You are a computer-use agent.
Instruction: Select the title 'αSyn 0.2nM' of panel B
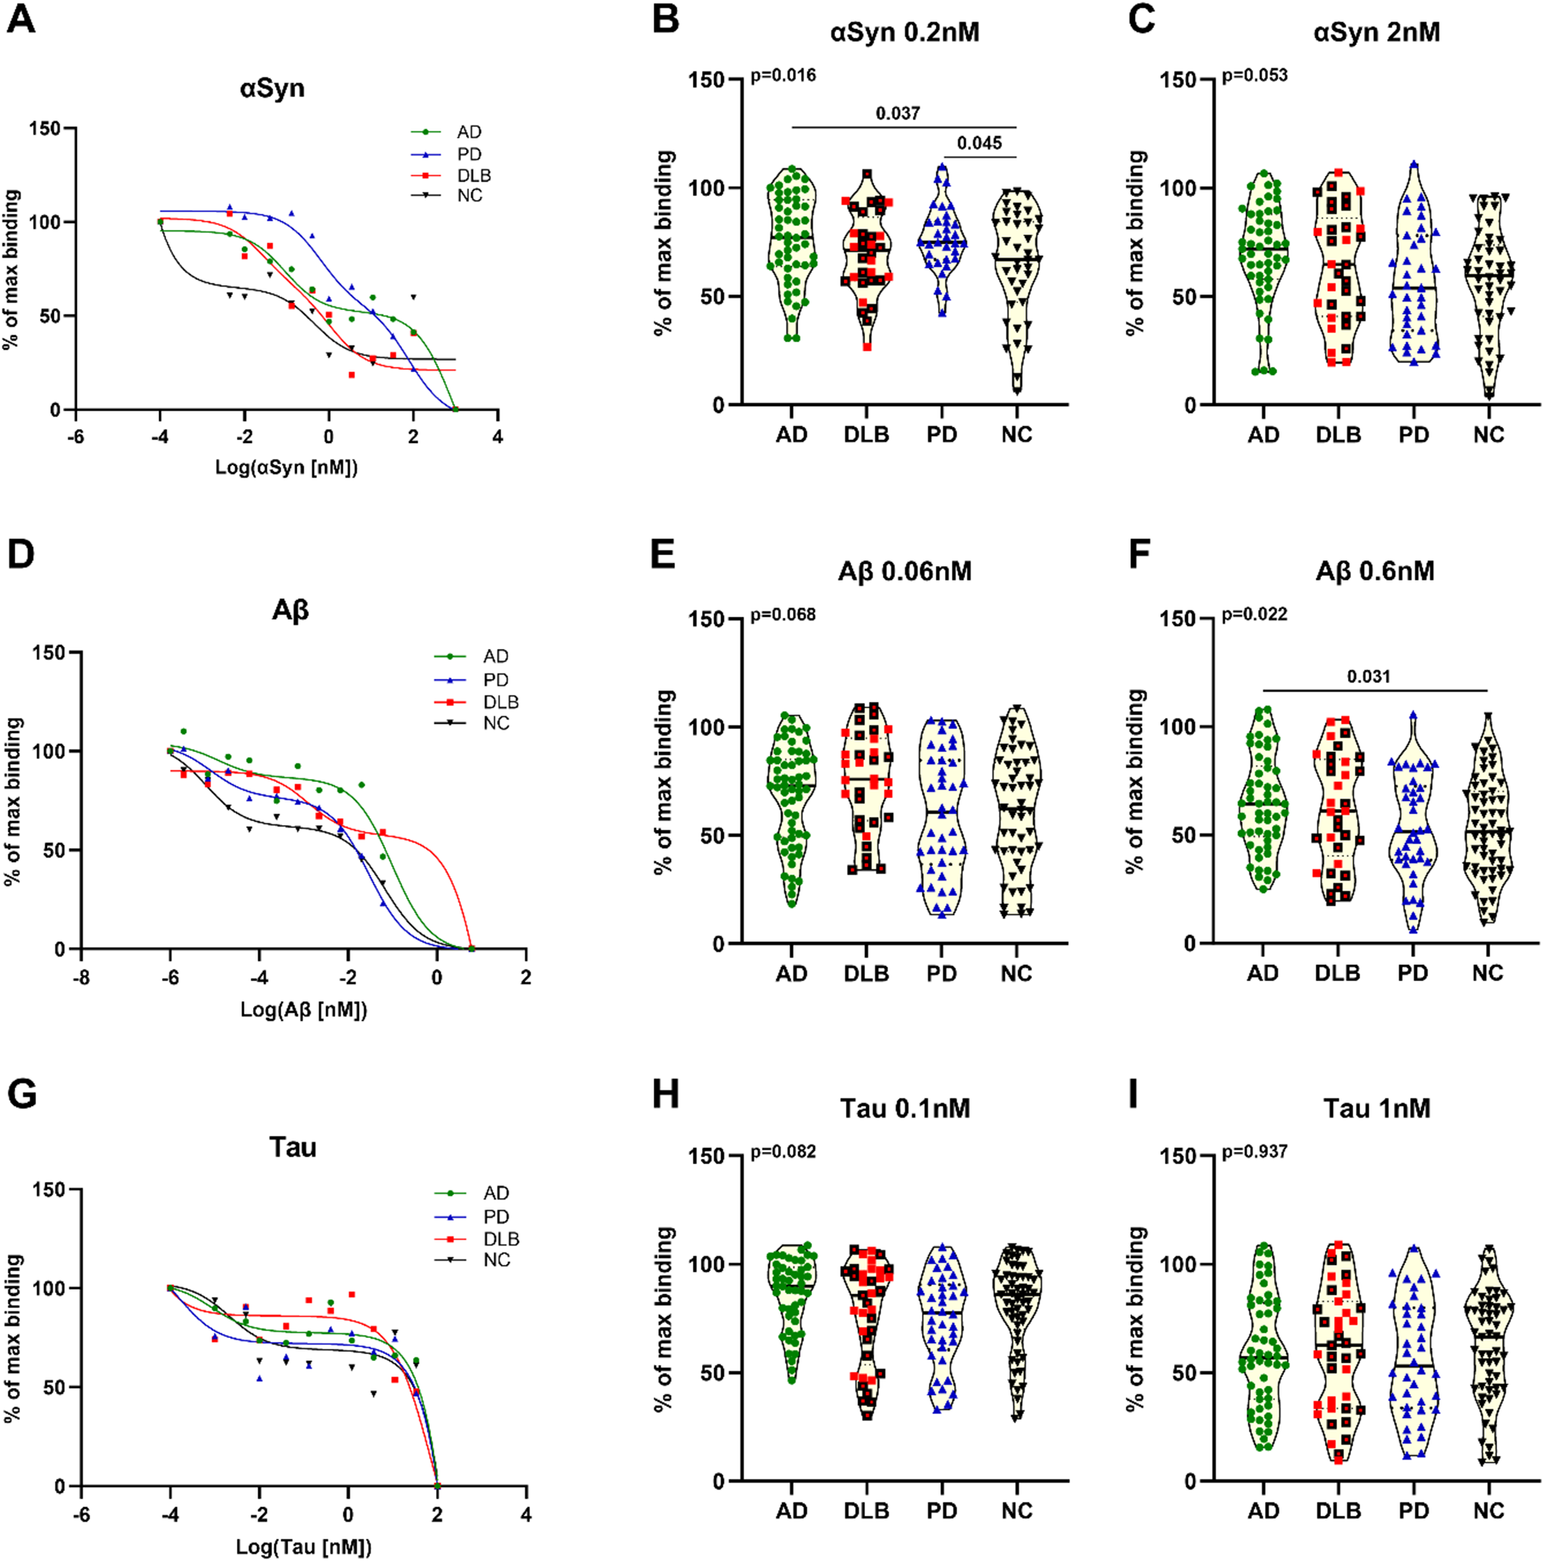[x=904, y=32]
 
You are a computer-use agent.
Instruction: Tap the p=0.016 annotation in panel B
[x=783, y=76]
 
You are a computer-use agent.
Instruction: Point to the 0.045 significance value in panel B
[x=980, y=143]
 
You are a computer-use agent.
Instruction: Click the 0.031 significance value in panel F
[x=1369, y=676]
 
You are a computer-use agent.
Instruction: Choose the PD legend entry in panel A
[x=468, y=155]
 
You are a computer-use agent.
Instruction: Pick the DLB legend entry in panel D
[x=500, y=702]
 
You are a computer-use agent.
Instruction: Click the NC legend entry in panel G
[x=496, y=1260]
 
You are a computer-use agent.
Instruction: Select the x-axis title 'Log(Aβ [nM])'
[x=304, y=1008]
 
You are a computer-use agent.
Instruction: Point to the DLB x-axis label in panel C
[x=1338, y=434]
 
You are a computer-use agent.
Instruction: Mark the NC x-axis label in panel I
[x=1487, y=1510]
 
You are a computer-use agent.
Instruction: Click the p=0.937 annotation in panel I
[x=1254, y=1151]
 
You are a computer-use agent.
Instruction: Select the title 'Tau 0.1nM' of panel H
[x=904, y=1108]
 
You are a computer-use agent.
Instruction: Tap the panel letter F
[x=1140, y=557]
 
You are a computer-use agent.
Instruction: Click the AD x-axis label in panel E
[x=791, y=974]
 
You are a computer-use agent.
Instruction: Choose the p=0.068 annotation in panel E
[x=783, y=615]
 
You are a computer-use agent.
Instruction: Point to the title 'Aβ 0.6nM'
[x=1375, y=571]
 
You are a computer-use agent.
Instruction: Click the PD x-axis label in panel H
[x=941, y=1510]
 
